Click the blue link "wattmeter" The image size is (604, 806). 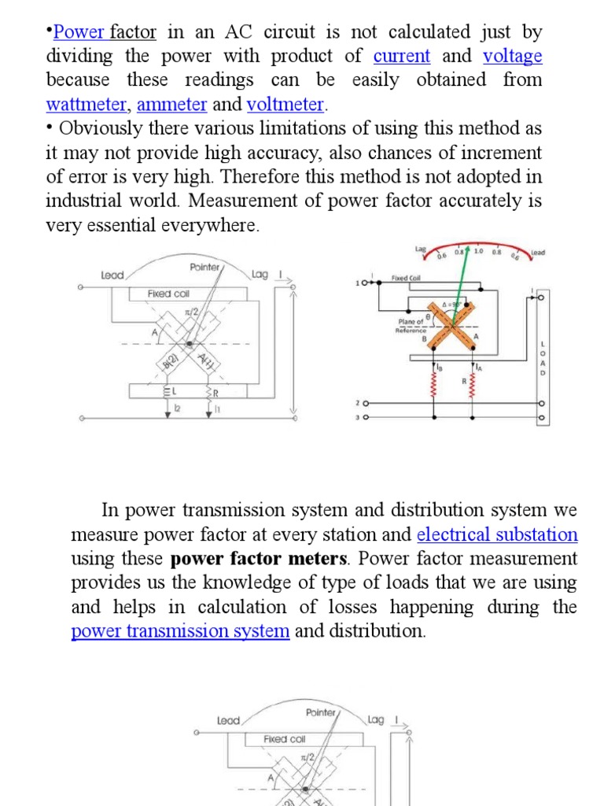[86, 105]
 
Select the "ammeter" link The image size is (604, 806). [171, 105]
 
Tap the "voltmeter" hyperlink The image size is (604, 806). [285, 105]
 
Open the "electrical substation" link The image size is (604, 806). [497, 535]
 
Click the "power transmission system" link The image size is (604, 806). [180, 631]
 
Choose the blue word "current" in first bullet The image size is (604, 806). [402, 56]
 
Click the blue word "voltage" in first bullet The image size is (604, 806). [512, 56]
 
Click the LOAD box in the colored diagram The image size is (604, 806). [542, 359]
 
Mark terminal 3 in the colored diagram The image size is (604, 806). [358, 417]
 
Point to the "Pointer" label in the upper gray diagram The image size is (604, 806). [205, 268]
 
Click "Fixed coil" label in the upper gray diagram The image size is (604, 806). [168, 294]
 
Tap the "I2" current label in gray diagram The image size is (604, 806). [177, 408]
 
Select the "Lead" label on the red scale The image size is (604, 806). [538, 253]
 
